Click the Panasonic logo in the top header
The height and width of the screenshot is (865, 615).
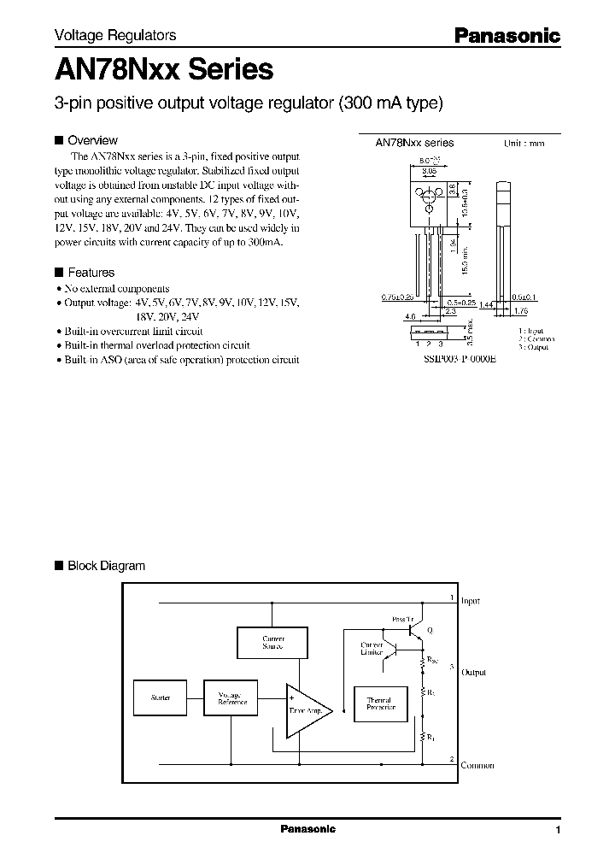pos(506,35)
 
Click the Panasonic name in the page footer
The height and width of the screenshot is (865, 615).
pos(307,829)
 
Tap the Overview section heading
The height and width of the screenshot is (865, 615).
pos(92,140)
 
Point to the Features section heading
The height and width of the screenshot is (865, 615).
pos(91,273)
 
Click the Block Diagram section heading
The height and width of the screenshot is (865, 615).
pos(106,566)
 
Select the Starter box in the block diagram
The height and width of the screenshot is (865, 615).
pos(160,698)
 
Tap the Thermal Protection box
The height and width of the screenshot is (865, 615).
pos(380,703)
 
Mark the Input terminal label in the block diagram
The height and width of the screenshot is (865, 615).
pos(471,602)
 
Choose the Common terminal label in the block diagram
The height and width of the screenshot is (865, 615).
pos(477,766)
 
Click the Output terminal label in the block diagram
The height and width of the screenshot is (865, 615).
pos(473,673)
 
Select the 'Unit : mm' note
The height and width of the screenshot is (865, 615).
pos(524,144)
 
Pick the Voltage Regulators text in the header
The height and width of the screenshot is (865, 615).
pos(115,36)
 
